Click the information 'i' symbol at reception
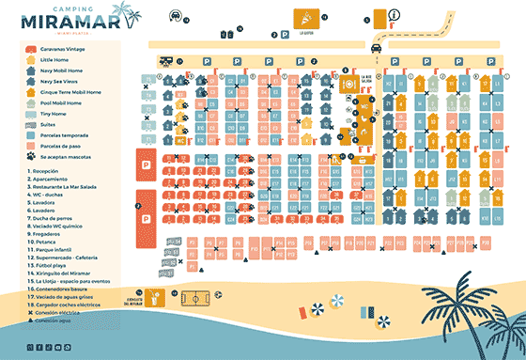[394, 13]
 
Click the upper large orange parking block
[147, 164]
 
